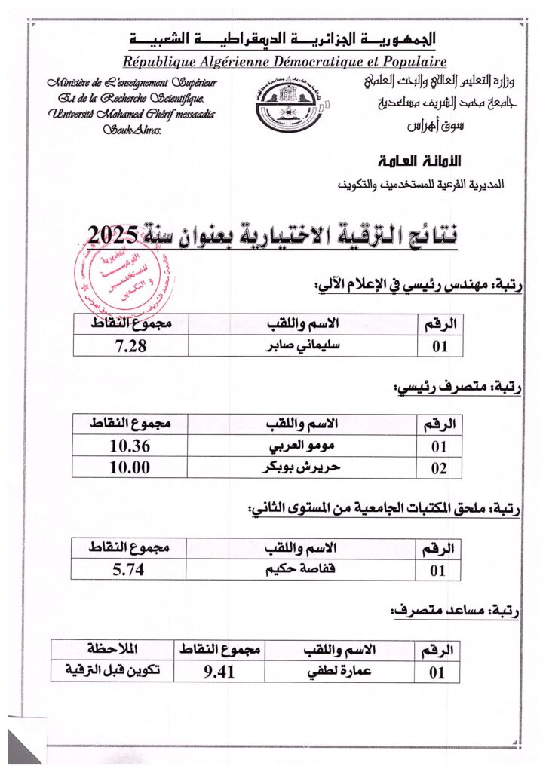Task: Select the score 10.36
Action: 130,446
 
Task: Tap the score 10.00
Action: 130,467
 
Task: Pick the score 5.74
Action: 128,569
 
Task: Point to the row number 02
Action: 439,468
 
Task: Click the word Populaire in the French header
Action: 408,62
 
